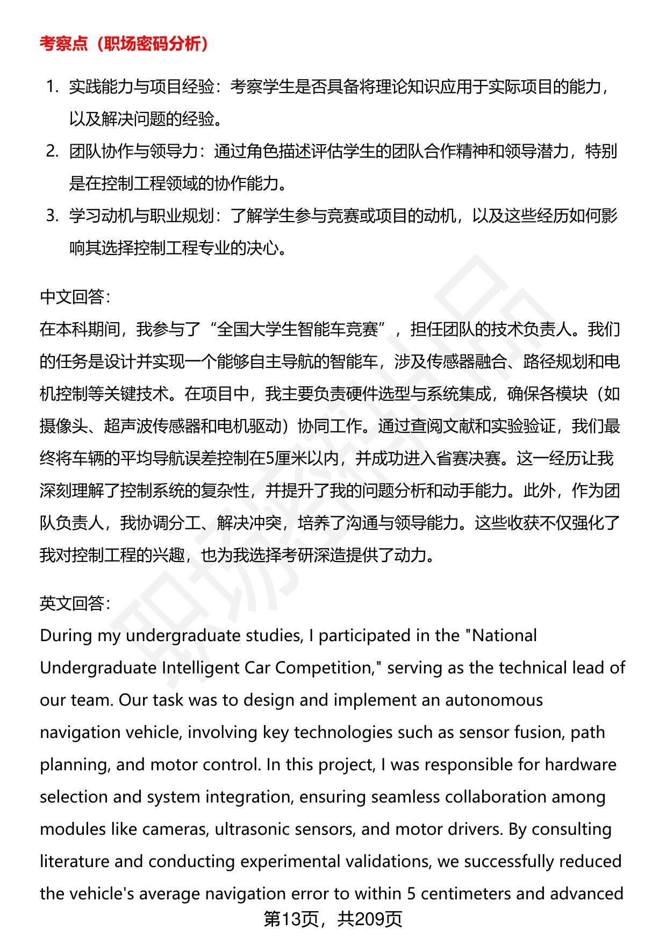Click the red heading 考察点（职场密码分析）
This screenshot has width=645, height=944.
124,44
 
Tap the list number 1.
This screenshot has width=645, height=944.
52,87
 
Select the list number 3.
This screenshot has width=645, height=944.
52,216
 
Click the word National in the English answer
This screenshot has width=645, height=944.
504,636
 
